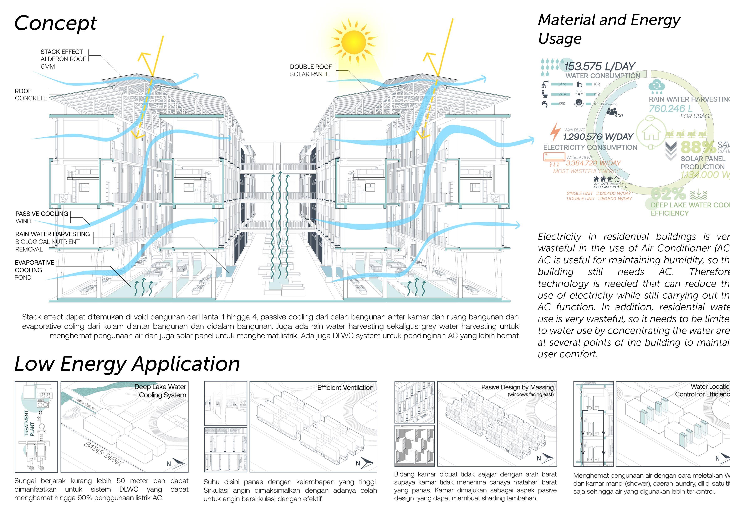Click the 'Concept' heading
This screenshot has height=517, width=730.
click(x=55, y=23)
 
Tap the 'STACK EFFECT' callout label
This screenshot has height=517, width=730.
click(x=61, y=51)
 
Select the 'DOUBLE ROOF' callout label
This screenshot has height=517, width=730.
click(x=311, y=67)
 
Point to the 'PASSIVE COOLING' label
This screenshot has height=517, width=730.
click(x=42, y=214)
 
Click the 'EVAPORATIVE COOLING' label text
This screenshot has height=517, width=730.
click(x=34, y=266)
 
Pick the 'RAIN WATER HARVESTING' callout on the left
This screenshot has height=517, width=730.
click(x=52, y=234)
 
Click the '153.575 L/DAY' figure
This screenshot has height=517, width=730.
click(x=599, y=67)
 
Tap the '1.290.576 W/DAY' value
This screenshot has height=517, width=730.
click(x=598, y=137)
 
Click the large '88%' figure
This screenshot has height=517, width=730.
click(x=698, y=147)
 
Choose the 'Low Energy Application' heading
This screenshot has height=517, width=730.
click(x=127, y=364)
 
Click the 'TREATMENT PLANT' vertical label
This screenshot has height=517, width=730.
click(x=29, y=423)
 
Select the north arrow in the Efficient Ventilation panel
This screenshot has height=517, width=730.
click(x=364, y=463)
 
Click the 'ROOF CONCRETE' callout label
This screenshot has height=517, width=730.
click(x=31, y=95)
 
